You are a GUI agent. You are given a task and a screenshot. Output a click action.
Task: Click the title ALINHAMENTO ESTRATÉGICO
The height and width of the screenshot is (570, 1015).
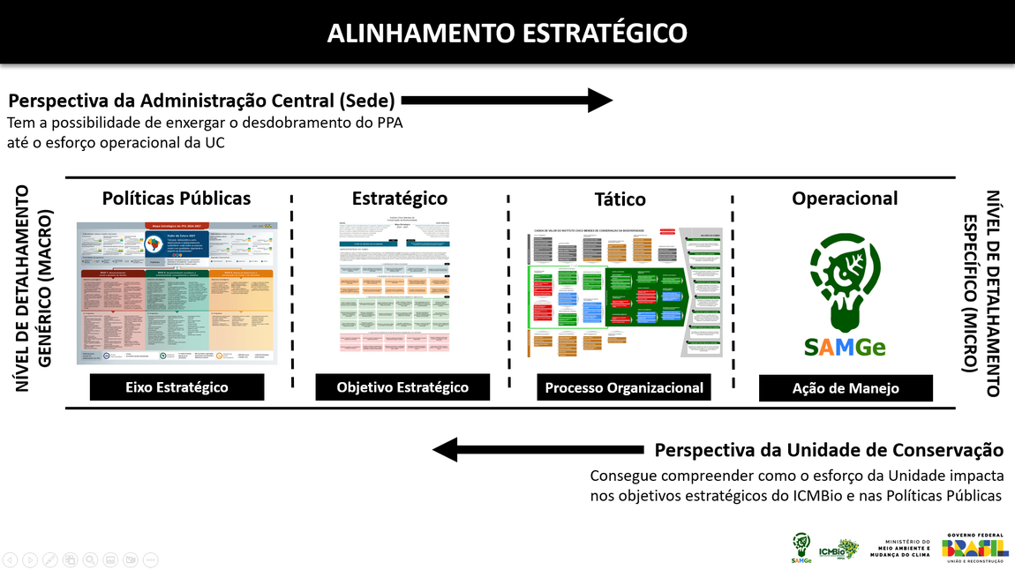507,33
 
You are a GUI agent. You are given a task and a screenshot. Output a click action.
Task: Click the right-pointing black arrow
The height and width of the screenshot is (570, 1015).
507,101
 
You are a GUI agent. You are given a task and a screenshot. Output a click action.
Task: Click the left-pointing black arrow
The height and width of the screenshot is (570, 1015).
540,450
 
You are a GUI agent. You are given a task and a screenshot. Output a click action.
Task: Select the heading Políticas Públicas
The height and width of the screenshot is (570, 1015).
177,199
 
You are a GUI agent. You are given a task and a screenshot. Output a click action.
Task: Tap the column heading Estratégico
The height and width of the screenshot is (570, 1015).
400,199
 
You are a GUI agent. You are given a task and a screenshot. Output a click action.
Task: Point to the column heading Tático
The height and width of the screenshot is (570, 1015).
620,199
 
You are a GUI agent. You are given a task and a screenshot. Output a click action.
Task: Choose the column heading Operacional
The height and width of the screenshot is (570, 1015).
845,199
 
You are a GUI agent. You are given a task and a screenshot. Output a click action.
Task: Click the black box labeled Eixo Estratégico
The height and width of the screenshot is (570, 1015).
177,387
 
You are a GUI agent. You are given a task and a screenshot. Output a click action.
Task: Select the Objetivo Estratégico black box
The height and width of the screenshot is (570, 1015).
402,387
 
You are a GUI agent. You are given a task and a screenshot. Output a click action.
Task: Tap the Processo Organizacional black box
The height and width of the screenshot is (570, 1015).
624,388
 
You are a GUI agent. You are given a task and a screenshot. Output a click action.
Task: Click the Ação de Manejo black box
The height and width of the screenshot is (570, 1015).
846,388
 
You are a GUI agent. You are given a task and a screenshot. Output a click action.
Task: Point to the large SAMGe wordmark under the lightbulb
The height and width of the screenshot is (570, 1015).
845,347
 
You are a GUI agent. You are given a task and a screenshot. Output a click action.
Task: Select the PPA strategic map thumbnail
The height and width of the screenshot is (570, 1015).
177,293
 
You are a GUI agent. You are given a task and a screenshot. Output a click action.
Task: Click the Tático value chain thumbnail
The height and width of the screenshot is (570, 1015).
624,293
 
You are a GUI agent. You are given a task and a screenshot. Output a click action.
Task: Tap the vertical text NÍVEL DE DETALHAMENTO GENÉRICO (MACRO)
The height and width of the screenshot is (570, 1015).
34,289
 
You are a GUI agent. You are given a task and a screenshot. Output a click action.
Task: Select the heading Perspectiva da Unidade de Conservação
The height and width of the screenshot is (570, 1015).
829,450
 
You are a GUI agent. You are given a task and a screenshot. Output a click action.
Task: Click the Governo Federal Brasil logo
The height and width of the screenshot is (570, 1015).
975,547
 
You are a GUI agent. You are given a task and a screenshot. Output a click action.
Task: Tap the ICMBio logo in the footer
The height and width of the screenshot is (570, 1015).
838,549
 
